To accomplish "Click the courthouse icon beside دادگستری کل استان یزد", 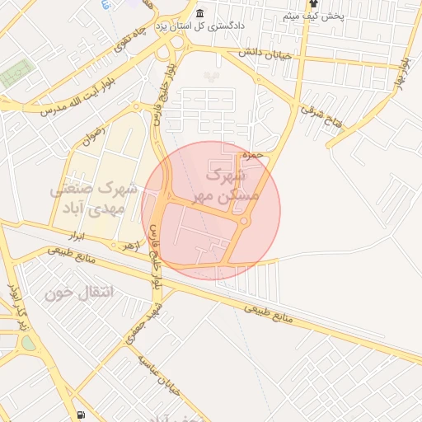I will coord(200,14).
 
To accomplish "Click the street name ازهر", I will coord(128,246).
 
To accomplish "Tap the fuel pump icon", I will coord(80,415).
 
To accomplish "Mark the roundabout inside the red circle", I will coord(245,220).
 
